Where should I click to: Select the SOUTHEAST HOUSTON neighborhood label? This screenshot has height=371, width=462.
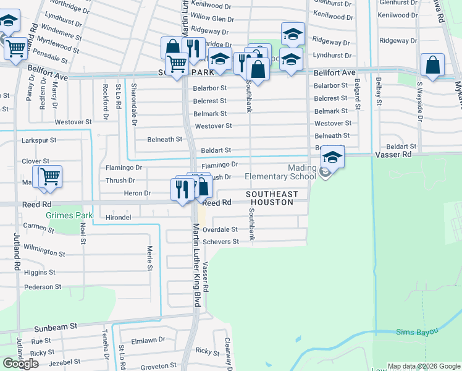[272, 199]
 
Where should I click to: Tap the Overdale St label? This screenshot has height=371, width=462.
[220, 229]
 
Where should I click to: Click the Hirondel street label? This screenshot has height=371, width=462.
[118, 218]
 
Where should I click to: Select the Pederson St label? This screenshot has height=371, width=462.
[44, 287]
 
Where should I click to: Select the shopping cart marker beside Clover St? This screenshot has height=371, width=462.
[50, 177]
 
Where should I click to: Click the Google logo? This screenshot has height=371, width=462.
[20, 364]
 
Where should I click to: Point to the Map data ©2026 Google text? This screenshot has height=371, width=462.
[422, 366]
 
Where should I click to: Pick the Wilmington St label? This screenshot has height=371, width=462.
[44, 253]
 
